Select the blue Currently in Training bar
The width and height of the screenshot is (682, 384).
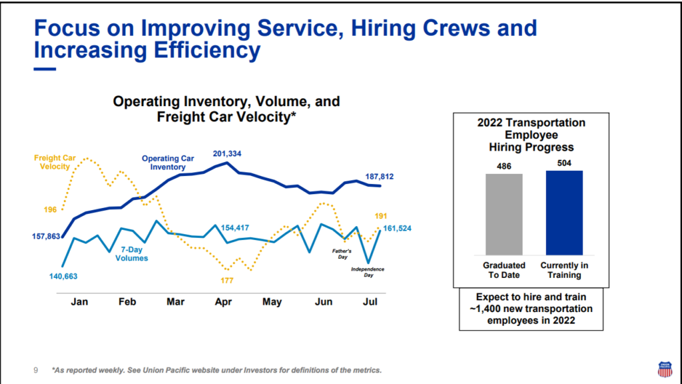(x=564, y=212)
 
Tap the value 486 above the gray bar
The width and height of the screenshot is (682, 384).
(x=504, y=166)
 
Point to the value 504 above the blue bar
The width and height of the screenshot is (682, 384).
(x=564, y=163)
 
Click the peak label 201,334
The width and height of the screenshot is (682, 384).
(x=227, y=154)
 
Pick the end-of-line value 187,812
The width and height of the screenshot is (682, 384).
(x=380, y=177)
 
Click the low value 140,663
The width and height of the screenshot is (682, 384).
(x=69, y=275)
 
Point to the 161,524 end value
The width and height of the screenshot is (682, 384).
(x=397, y=229)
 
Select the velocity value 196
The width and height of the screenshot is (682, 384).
(x=51, y=209)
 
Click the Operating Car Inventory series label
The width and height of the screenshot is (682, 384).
(x=168, y=163)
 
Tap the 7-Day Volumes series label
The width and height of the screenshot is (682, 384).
(x=134, y=253)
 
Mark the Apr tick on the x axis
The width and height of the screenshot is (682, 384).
(x=222, y=301)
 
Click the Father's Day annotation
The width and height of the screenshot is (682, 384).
(x=341, y=254)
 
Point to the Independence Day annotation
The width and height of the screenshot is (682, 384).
(x=368, y=272)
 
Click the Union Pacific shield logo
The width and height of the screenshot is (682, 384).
(x=664, y=368)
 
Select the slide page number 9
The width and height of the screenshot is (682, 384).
(x=36, y=370)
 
